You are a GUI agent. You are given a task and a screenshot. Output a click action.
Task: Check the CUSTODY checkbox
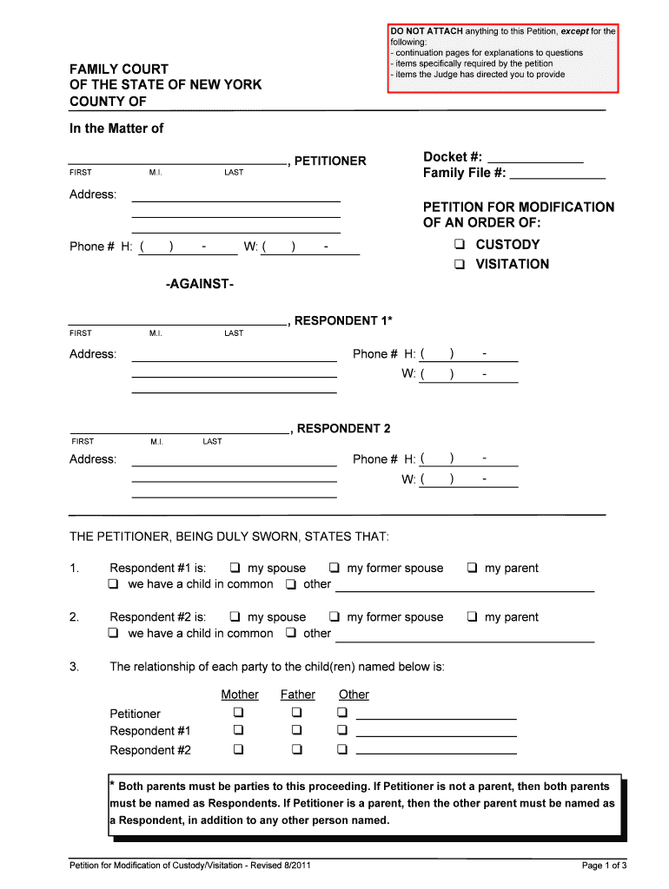coord(459,245)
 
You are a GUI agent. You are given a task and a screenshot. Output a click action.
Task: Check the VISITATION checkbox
coord(459,265)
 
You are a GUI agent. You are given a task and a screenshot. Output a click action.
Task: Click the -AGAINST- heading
coord(199,285)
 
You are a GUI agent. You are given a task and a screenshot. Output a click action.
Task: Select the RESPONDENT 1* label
coord(343,321)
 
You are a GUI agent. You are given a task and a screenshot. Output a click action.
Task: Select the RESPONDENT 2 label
coord(343,429)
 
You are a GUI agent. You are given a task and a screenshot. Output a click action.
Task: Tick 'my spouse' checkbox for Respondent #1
coord(235,569)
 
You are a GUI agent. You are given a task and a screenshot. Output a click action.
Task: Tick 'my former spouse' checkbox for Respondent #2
coord(334,617)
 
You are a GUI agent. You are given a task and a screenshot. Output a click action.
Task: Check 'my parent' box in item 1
coord(472,569)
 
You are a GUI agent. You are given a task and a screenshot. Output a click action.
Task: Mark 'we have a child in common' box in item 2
coord(114,634)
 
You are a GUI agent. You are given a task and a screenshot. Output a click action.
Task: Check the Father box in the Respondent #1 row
coord(297,731)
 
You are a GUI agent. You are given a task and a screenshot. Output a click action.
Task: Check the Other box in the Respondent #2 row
coord(342,750)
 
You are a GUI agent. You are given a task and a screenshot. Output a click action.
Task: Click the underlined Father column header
coord(297,695)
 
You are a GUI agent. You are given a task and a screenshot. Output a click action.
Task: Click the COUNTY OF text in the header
coord(108,102)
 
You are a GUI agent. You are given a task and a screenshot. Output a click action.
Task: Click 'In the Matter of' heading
coord(116,128)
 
